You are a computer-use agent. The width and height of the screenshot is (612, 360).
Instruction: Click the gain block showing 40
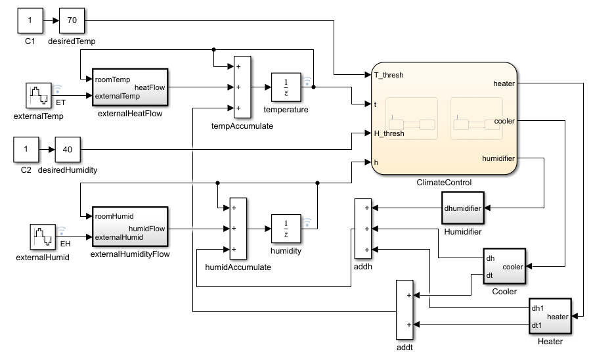tap(67, 148)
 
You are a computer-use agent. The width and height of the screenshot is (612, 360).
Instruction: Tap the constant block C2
tap(26, 148)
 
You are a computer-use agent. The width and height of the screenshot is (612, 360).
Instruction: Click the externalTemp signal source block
tap(38, 97)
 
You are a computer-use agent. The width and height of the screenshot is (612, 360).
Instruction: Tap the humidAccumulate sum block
tap(238, 228)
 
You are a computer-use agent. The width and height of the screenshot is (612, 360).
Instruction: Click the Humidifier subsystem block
tap(462, 209)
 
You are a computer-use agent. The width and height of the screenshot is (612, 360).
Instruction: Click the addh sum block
tap(363, 229)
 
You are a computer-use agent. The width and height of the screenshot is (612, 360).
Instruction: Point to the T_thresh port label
tap(389, 75)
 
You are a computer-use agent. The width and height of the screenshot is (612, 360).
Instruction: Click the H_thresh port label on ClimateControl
tap(389, 133)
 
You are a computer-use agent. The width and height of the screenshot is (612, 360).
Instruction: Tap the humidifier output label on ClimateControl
tap(498, 158)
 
